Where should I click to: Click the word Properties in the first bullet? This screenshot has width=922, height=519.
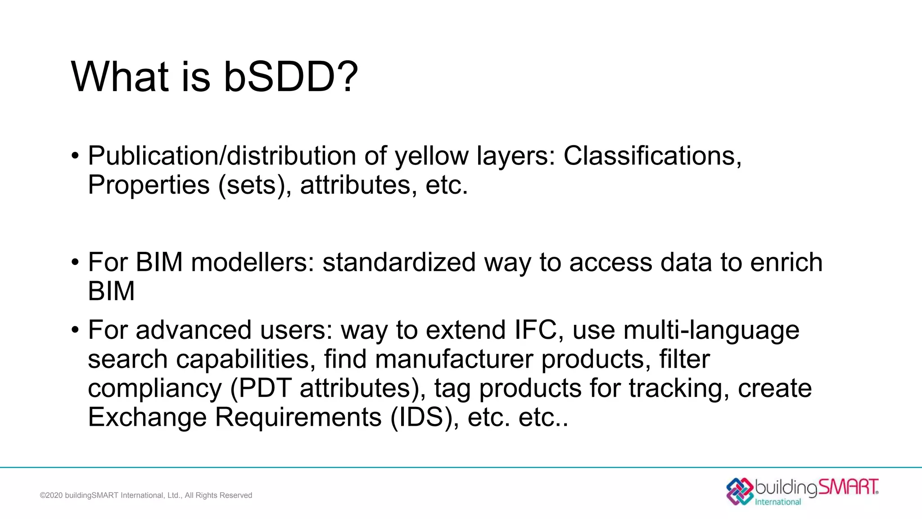pyautogui.click(x=149, y=185)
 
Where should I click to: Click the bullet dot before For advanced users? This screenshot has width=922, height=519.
pyautogui.click(x=75, y=330)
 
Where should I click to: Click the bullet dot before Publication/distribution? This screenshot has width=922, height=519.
pyautogui.click(x=75, y=156)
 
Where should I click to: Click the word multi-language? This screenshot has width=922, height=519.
pyautogui.click(x=711, y=331)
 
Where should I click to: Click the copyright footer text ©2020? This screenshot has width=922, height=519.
pyautogui.click(x=51, y=495)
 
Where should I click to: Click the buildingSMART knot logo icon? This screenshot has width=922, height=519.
pyautogui.click(x=740, y=491)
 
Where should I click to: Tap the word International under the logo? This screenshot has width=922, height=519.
pyautogui.click(x=777, y=502)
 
